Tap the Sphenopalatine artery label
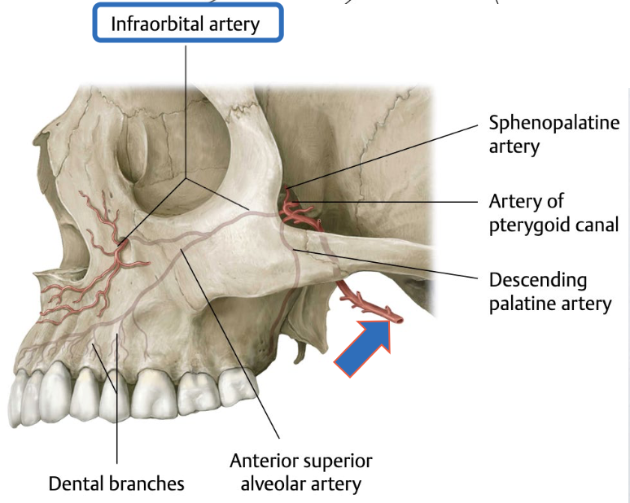point(553,134)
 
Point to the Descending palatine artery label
point(549,292)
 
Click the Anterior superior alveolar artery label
point(301,472)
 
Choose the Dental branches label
point(116,483)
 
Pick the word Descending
point(538,280)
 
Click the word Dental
point(75,483)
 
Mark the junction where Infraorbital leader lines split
point(186,177)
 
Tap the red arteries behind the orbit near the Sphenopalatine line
point(297,208)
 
